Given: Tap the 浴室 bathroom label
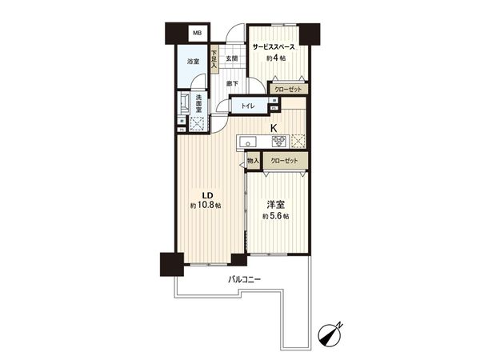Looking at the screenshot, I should (193, 62).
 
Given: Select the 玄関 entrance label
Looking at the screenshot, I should (231, 59).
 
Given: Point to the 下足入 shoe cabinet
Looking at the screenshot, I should (214, 59).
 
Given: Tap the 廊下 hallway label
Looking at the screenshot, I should (230, 83).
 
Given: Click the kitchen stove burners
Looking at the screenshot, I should (278, 142).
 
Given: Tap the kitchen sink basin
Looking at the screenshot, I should (248, 143).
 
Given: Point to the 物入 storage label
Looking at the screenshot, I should (254, 162).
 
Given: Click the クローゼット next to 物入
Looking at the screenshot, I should (284, 162).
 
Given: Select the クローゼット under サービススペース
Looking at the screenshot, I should (286, 90).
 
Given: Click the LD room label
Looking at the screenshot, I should (206, 194).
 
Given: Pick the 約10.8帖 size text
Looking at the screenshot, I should (206, 206).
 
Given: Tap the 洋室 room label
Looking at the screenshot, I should (274, 205).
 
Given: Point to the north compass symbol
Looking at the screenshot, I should (330, 333).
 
